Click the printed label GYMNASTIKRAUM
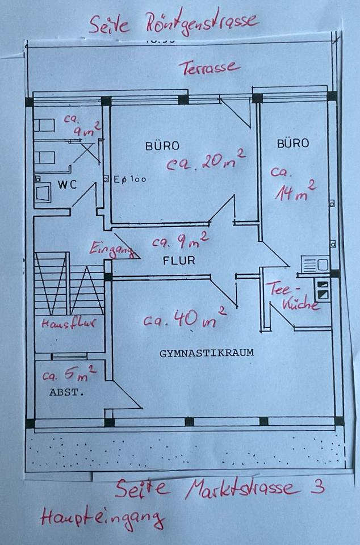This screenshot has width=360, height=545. [x=206, y=353]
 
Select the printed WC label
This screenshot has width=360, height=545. [x=67, y=185]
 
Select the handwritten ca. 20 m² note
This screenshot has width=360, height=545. [x=206, y=162]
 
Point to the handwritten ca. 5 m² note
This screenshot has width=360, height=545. [x=69, y=375]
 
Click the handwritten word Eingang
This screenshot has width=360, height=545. [x=112, y=250]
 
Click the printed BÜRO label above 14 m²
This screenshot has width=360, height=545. [x=293, y=143]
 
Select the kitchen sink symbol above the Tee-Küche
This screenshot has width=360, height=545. [x=315, y=265]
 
